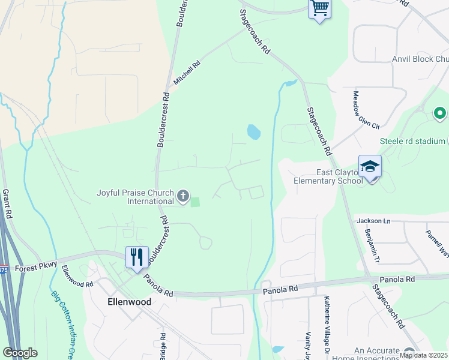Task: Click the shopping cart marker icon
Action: coord(319,9)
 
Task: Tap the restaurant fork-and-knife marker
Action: coord(137,257)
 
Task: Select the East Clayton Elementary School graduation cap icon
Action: coord(370,167)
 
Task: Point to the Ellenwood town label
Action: coord(129,302)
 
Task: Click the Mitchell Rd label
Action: coord(186,71)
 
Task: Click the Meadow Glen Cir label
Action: coord(366,110)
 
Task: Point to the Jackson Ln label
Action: coord(373,221)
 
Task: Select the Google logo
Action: coord(20,353)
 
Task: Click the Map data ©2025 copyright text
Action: coord(424,355)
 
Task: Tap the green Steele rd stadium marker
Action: coord(439,112)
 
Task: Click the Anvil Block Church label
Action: coord(420,59)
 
